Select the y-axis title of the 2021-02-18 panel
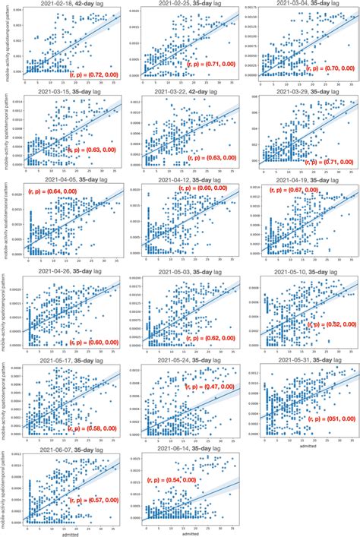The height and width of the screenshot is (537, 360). [x=5, y=43]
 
